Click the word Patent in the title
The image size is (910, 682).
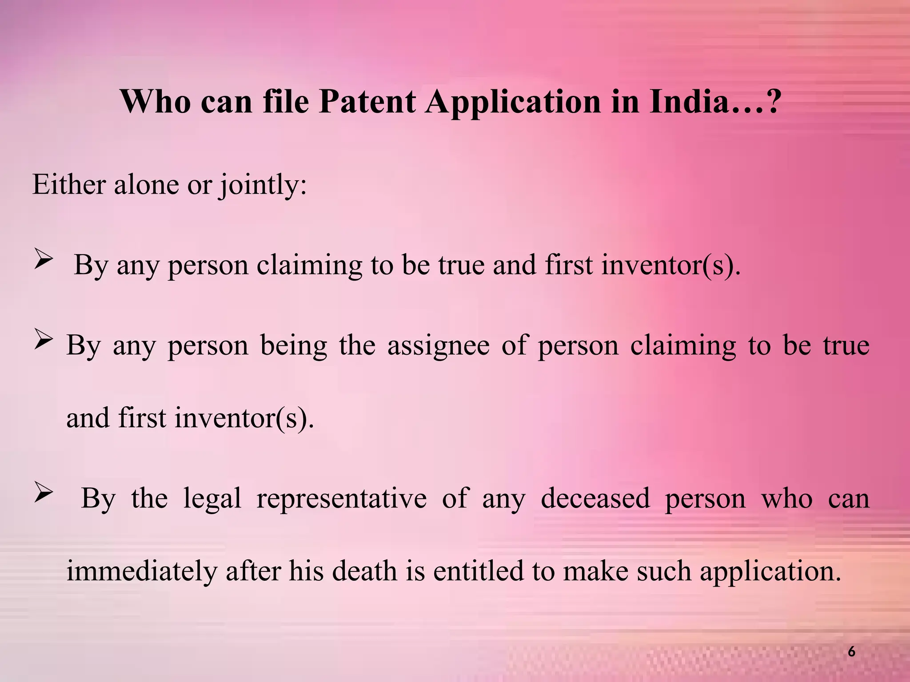(x=367, y=102)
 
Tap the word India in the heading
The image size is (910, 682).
(x=689, y=102)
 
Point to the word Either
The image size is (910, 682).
(x=69, y=184)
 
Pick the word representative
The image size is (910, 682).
(x=341, y=499)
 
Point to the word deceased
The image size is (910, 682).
(x=595, y=499)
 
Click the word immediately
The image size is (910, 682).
(x=142, y=571)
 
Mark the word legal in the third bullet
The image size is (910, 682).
(x=212, y=499)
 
